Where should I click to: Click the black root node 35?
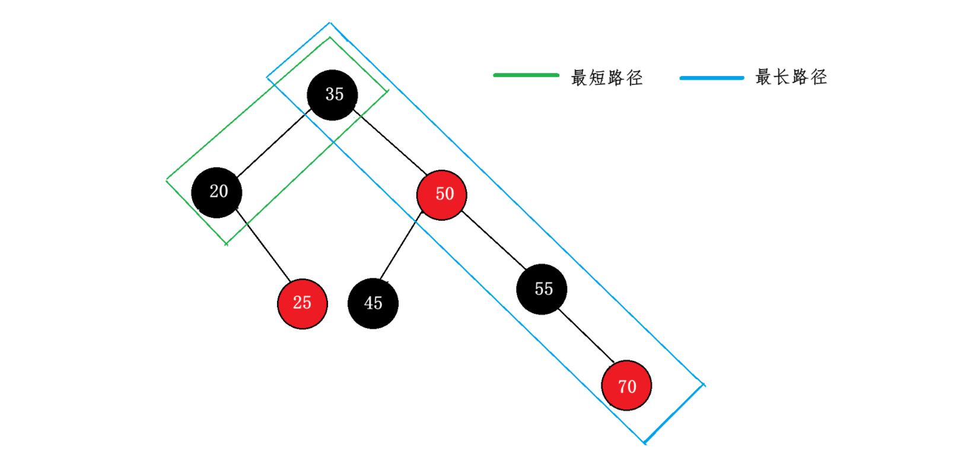(332, 95)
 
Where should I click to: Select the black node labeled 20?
(217, 192)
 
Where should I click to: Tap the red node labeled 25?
(303, 303)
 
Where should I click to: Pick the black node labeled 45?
(373, 303)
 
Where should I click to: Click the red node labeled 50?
(442, 195)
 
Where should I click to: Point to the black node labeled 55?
(542, 289)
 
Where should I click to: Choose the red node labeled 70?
(626, 386)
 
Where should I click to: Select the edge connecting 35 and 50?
(390, 141)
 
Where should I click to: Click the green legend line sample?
(526, 75)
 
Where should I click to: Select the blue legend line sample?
(711, 78)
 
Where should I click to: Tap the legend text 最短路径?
(607, 78)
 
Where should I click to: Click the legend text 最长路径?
(791, 77)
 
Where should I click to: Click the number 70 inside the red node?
(627, 387)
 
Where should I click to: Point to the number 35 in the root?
(335, 94)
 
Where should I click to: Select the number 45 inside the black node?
(373, 303)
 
